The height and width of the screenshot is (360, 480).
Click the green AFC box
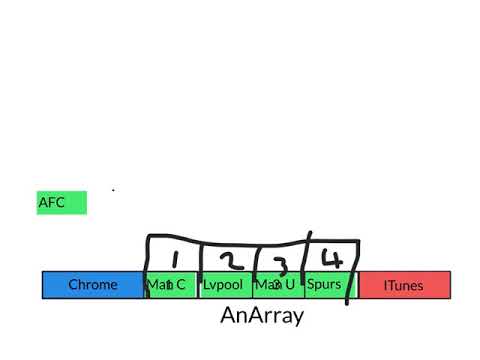click(62, 202)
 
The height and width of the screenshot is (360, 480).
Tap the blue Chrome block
click(93, 285)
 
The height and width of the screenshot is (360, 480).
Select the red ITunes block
click(404, 285)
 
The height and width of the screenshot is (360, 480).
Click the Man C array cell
click(172, 285)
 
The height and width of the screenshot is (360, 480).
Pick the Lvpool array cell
click(224, 285)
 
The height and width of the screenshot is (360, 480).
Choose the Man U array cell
click(277, 285)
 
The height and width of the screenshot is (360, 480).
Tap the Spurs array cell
click(325, 285)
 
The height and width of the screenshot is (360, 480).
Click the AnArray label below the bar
click(262, 317)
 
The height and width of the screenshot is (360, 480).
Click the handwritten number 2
click(230, 260)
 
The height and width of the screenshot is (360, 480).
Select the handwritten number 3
click(281, 264)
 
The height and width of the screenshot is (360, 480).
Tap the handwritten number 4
click(331, 258)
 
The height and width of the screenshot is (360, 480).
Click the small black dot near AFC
click(113, 189)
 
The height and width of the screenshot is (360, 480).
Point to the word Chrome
click(93, 285)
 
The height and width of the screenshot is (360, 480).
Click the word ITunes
click(404, 285)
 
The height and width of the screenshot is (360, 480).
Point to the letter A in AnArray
click(228, 317)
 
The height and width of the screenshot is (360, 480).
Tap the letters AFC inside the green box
click(52, 202)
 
